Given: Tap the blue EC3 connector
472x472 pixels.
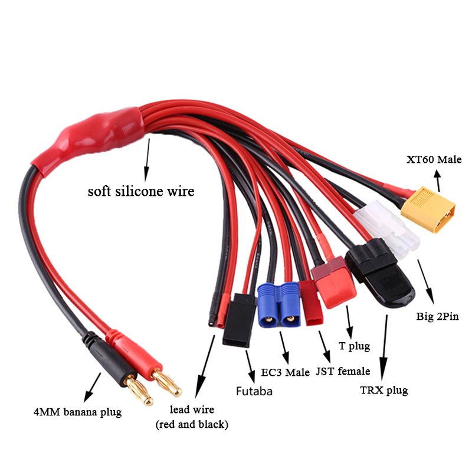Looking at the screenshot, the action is coord(278,304).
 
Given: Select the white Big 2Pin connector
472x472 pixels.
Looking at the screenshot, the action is coord(388,228).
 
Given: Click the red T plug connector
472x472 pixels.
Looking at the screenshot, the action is coord(333,282).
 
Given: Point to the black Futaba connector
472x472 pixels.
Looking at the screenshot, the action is coord(239,320).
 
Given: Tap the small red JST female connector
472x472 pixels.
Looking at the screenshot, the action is coord(312,303).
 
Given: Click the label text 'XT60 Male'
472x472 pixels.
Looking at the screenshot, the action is coord(434,159).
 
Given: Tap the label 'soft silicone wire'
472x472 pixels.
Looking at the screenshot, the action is coord(141,191).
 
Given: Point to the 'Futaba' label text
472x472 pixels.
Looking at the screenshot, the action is coord(254,391).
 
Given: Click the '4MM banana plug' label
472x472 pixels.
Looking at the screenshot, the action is coord(77,412).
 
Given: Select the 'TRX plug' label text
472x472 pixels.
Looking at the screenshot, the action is coord(384,391).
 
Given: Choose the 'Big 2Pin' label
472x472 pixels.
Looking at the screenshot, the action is coord(437,316).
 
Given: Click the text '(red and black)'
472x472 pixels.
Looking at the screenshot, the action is coord(192,424).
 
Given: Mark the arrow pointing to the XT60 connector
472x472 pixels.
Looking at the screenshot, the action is coord(438,181).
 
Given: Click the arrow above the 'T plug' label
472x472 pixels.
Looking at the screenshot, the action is coord(349,322).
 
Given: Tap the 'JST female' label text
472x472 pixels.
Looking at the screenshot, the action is coord(343,371).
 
